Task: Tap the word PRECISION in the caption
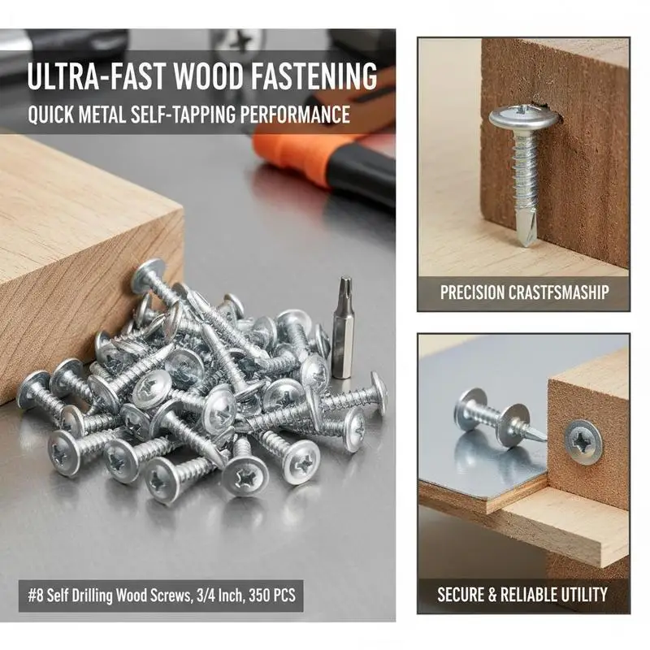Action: coord(472,292)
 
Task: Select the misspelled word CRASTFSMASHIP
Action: coord(558,292)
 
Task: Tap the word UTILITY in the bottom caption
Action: coord(583,595)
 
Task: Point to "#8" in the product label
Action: coord(35,596)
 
